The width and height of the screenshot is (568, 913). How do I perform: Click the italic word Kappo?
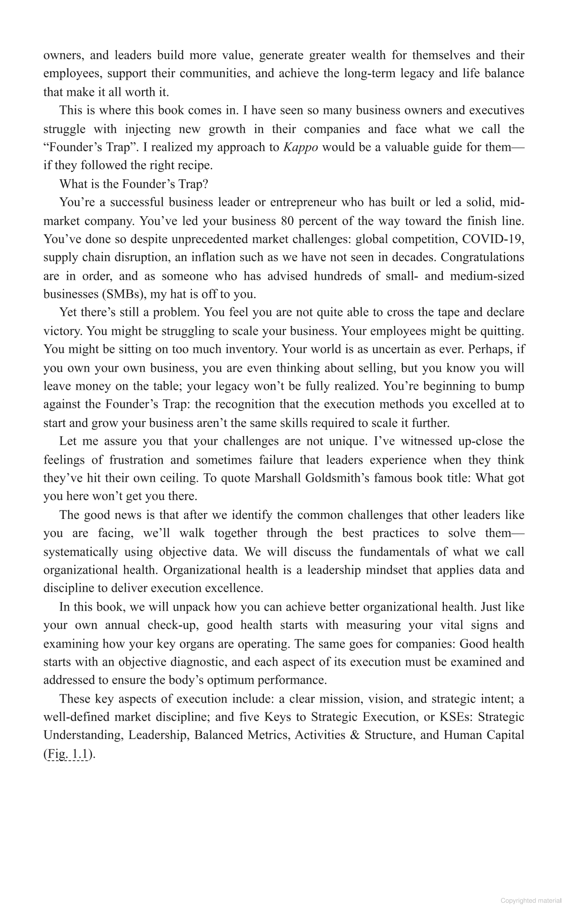(300, 148)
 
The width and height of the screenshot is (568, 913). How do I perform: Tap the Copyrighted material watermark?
(531, 901)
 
